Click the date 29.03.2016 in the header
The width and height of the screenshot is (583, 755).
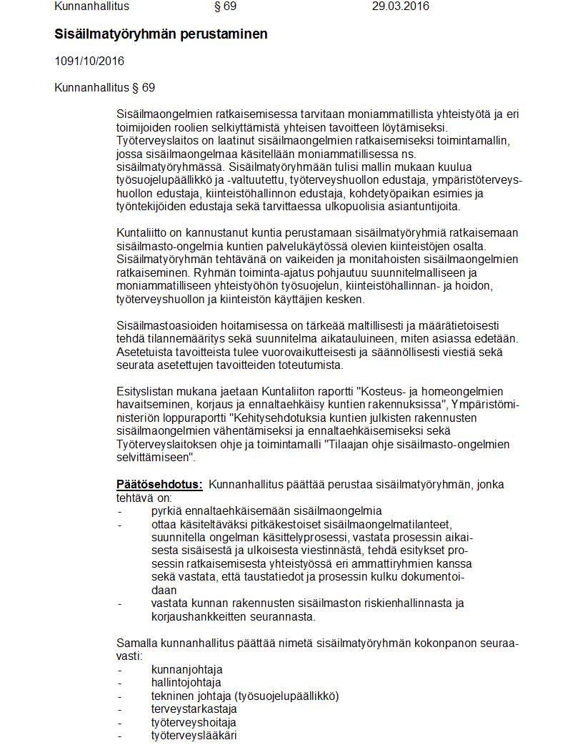pyautogui.click(x=401, y=6)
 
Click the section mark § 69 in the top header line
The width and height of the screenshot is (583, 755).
pyautogui.click(x=225, y=6)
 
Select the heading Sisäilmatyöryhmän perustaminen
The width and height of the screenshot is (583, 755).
pyautogui.click(x=161, y=34)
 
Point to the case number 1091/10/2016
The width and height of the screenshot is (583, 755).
pyautogui.click(x=89, y=61)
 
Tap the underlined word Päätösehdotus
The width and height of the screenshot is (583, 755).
pyautogui.click(x=159, y=484)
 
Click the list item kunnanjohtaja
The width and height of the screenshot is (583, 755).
pyautogui.click(x=186, y=669)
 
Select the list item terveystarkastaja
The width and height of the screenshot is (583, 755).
pyautogui.click(x=194, y=709)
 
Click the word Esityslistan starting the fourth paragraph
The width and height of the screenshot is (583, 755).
pyautogui.click(x=145, y=391)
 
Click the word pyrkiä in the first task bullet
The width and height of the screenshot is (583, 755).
pyautogui.click(x=166, y=510)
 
